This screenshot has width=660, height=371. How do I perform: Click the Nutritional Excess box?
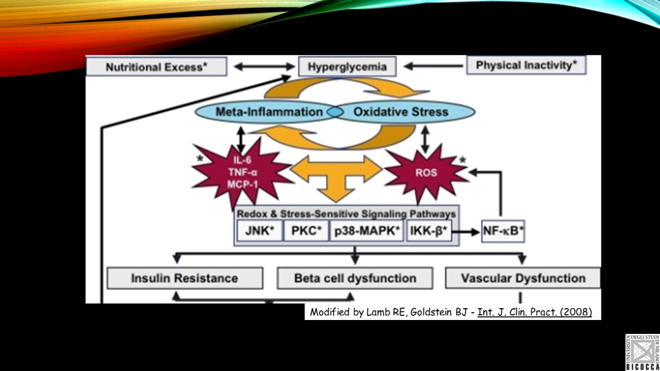tap(157, 67)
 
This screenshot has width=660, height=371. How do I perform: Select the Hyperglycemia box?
tap(347, 67)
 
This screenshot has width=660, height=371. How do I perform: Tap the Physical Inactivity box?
tap(526, 66)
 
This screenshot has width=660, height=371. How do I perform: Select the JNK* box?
tap(258, 231)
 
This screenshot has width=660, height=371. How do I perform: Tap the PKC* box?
tap(306, 231)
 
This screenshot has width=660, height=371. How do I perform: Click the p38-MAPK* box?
tap(367, 231)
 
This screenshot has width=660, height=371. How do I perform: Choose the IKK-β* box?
tap(429, 231)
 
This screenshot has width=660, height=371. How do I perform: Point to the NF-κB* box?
tap(502, 232)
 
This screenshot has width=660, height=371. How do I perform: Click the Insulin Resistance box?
tap(184, 278)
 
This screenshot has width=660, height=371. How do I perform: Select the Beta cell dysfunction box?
tap(355, 278)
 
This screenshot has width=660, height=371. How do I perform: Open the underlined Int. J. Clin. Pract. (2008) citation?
tap(535, 312)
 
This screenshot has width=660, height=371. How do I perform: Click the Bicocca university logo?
tap(642, 352)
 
